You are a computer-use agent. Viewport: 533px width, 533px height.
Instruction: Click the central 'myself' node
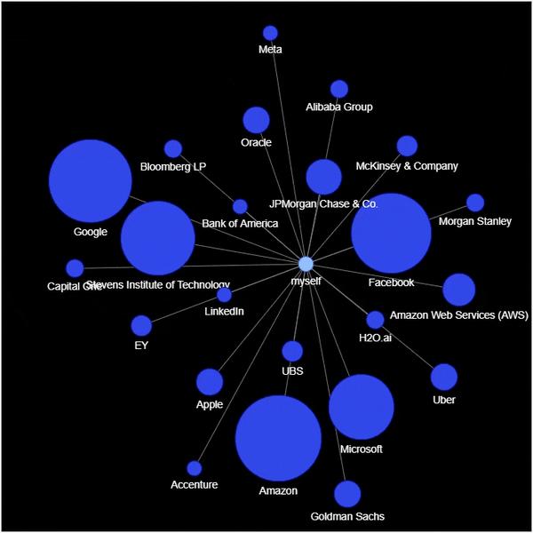[306, 264]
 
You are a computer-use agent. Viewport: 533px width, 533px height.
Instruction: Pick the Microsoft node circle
[361, 407]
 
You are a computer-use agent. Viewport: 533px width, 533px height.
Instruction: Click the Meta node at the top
[270, 33]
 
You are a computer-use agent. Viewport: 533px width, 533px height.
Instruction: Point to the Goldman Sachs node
[347, 494]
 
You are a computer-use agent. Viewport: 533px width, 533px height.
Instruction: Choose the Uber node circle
[444, 377]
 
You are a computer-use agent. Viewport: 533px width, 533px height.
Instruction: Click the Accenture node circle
[195, 468]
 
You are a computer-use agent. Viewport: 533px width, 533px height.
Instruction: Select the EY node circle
[141, 326]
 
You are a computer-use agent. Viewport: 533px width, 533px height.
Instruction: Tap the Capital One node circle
[75, 268]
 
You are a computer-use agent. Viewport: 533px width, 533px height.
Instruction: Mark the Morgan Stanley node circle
[475, 203]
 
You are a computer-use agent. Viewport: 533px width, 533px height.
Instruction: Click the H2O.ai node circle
[375, 320]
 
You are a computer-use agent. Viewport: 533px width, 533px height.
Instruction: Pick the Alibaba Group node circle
[338, 89]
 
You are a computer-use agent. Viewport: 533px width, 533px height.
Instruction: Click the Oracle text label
[256, 142]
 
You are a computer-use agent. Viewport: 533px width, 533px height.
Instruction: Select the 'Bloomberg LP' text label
[173, 166]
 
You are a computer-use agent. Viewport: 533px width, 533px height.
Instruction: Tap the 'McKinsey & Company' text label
[407, 166]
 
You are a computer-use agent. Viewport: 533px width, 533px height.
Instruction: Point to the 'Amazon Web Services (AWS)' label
[459, 315]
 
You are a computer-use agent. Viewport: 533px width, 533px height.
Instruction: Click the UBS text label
[292, 370]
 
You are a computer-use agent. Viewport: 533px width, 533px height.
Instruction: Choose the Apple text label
[210, 404]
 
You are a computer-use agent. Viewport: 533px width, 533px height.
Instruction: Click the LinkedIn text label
[224, 311]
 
